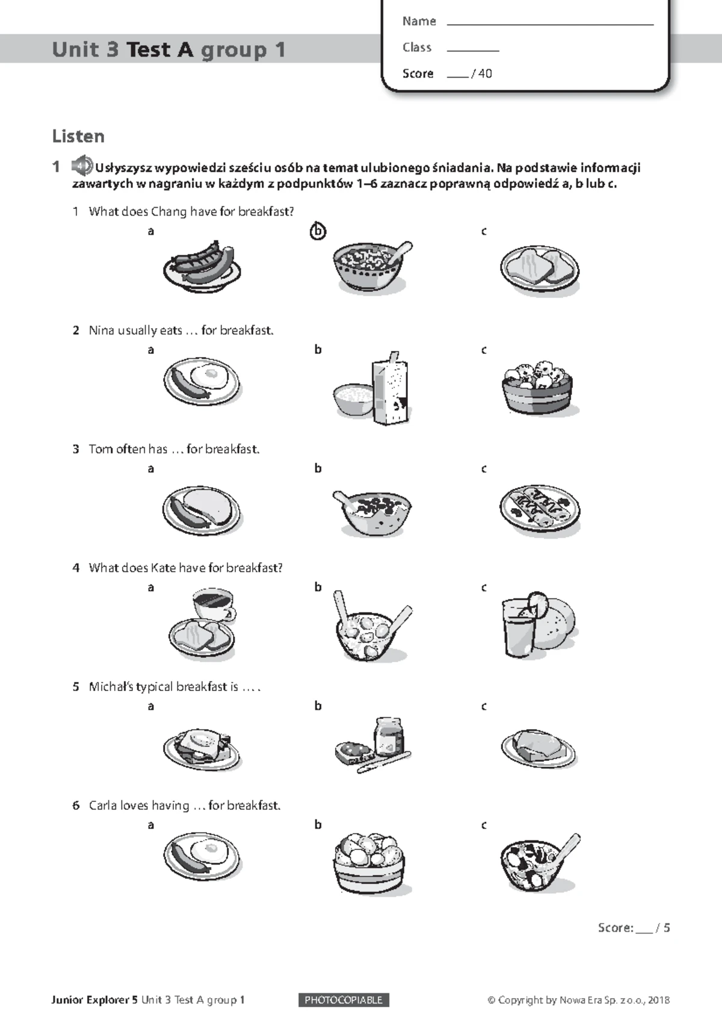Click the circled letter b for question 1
318,232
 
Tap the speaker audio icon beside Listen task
81,166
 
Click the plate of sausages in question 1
202,266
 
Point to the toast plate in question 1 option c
540,268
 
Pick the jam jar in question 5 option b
389,736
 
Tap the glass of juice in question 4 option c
519,627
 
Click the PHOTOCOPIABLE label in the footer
344,1000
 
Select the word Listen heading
78,137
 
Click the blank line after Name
550,23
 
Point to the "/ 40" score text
481,73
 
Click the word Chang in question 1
168,211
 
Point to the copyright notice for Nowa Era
578,1000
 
